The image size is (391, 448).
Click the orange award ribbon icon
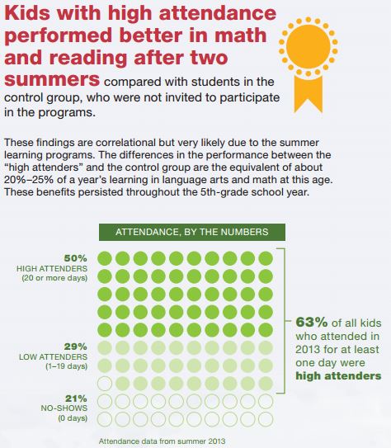(x=309, y=64)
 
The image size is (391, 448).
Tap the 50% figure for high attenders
(x=75, y=258)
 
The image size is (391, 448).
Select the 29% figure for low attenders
(x=75, y=347)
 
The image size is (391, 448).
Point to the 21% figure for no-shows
(x=76, y=398)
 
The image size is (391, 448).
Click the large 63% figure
(x=312, y=323)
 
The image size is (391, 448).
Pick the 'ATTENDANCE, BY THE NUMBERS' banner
(x=192, y=232)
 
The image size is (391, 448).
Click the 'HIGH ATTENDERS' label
(x=52, y=269)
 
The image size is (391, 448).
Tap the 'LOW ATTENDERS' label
(x=53, y=357)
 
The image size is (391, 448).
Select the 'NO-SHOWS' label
(x=64, y=408)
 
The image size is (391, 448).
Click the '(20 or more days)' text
(x=54, y=278)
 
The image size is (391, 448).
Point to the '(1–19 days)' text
(x=67, y=366)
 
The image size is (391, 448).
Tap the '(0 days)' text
(x=73, y=418)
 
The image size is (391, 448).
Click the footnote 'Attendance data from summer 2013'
(x=162, y=441)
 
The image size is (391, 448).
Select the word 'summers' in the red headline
(x=52, y=79)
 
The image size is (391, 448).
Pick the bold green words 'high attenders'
(x=338, y=375)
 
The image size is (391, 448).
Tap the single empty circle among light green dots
(x=105, y=384)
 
